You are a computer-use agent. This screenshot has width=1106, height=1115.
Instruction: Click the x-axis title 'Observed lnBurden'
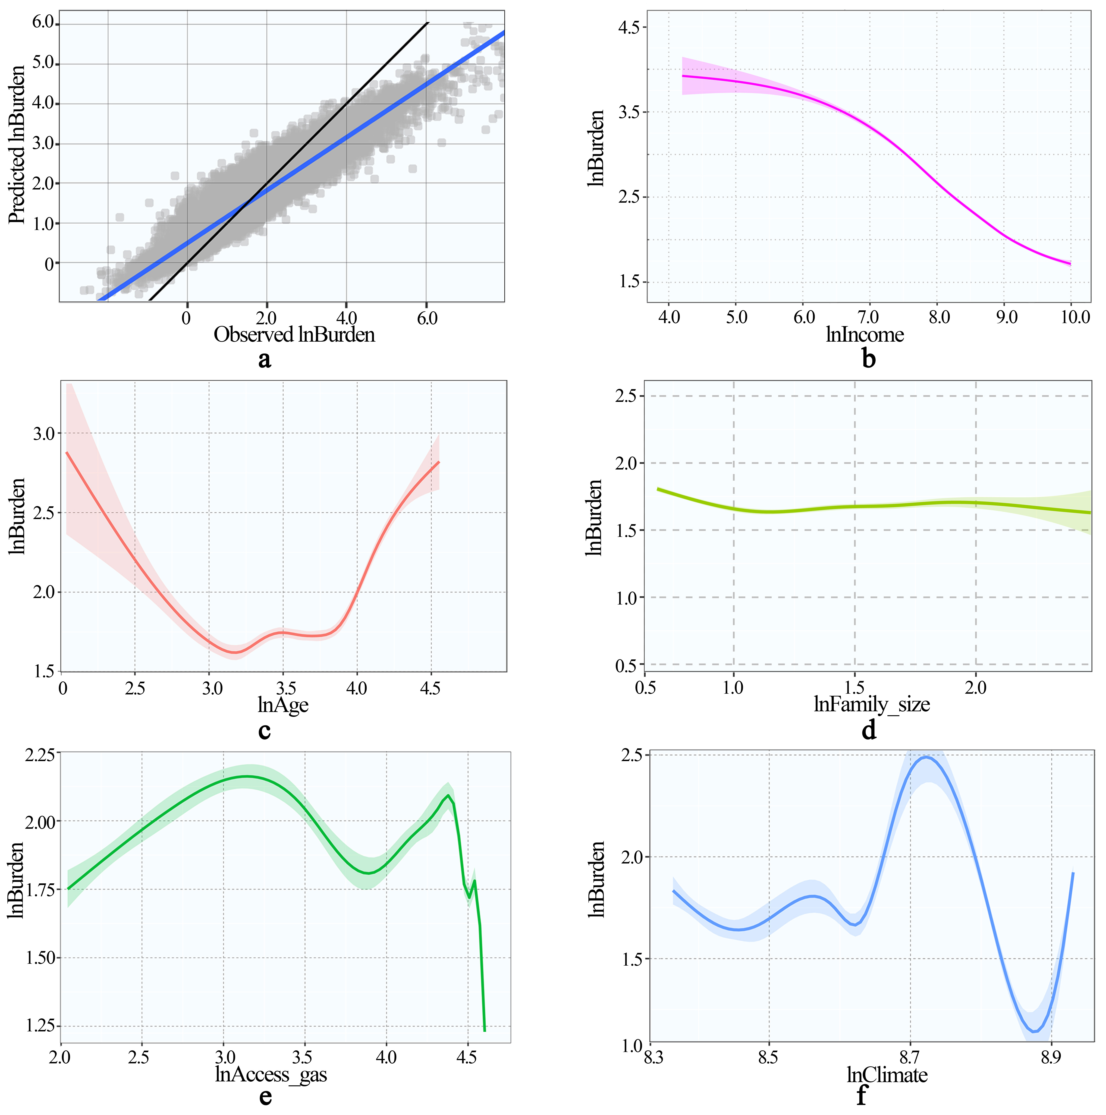coord(294,335)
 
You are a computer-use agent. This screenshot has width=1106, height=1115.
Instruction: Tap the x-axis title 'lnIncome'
coord(865,335)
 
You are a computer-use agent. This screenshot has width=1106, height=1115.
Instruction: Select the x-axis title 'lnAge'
coord(283,705)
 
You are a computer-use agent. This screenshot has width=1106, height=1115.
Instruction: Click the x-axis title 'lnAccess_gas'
coord(271,1075)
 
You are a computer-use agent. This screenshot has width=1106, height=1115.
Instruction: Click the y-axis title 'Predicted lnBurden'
coord(17,144)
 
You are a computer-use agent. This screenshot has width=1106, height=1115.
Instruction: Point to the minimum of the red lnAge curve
coord(235,652)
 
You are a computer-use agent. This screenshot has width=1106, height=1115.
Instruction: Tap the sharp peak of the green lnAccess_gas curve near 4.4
coord(448,796)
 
